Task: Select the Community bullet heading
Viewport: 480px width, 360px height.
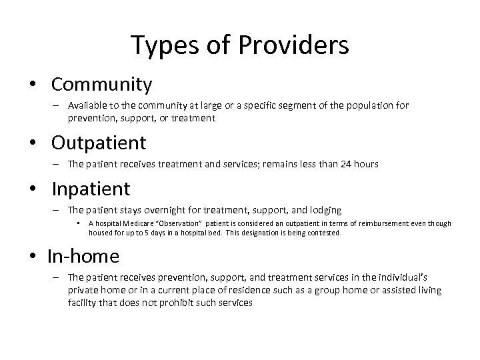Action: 101,85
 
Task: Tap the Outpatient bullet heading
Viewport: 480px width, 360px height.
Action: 99,143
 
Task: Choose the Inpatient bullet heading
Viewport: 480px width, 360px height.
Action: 91,189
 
